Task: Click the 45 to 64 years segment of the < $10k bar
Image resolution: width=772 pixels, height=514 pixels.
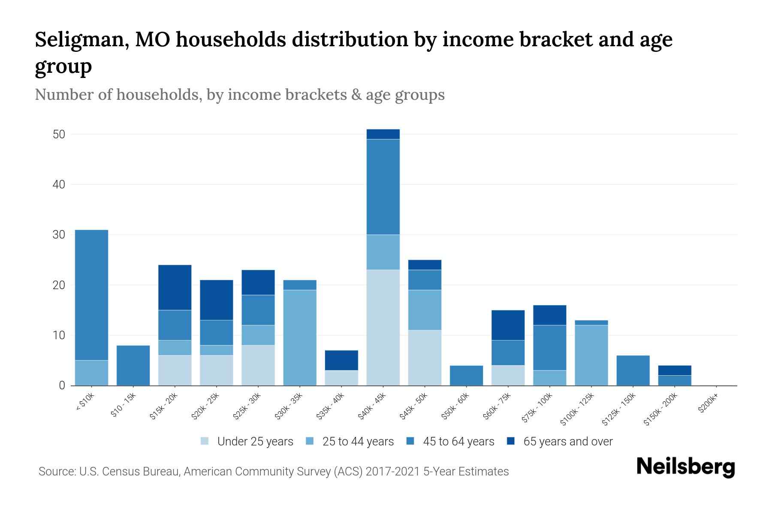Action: click(91, 295)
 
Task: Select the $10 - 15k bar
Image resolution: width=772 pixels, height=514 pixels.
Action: click(133, 365)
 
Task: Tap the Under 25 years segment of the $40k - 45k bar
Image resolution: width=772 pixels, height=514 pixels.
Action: click(383, 327)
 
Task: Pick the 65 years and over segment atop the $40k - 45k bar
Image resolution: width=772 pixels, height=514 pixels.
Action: click(383, 134)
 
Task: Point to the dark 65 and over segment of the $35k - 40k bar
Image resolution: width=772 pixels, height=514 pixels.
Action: click(341, 360)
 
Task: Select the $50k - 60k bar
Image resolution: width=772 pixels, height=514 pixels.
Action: click(466, 375)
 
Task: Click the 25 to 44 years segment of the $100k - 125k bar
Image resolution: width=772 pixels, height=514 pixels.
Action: click(591, 355)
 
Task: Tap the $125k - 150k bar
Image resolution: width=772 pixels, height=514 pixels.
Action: click(633, 371)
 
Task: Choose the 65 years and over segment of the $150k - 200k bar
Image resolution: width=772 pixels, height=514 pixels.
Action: click(674, 371)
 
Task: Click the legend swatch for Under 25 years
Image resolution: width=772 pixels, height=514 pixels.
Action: click(205, 441)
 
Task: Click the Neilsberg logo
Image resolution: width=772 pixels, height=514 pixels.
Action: click(685, 466)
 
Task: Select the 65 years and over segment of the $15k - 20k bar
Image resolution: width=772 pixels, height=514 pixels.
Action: click(175, 287)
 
